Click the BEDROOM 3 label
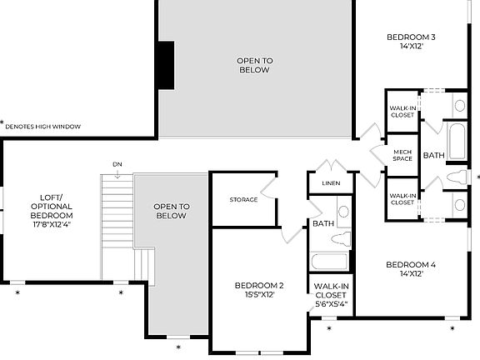pyautogui.click(x=412, y=37)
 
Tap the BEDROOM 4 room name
pyautogui.click(x=412, y=265)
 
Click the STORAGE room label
pyautogui.click(x=243, y=200)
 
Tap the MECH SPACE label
pyautogui.click(x=402, y=154)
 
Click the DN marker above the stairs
pyautogui.click(x=117, y=165)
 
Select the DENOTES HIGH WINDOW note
pyautogui.click(x=42, y=127)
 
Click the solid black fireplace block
pyautogui.click(x=167, y=64)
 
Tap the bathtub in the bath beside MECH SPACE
pyautogui.click(x=457, y=142)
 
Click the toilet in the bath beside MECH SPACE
pyautogui.click(x=457, y=177)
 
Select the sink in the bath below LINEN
pyautogui.click(x=343, y=211)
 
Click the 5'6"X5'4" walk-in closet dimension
pyautogui.click(x=331, y=304)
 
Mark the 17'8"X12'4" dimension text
pyautogui.click(x=51, y=224)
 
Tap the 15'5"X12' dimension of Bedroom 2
pyautogui.click(x=259, y=295)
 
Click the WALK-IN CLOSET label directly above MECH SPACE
pyautogui.click(x=402, y=111)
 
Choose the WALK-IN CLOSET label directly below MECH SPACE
pyautogui.click(x=402, y=198)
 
